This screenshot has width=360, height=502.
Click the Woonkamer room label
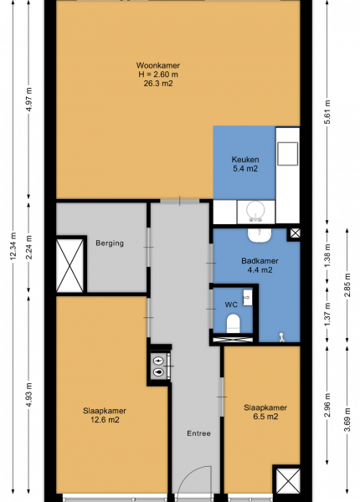pyautogui.click(x=158, y=65)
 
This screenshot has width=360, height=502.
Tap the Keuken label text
pyautogui.click(x=245, y=160)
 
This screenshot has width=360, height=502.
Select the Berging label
pyautogui.click(x=110, y=243)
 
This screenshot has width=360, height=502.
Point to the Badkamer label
pyautogui.click(x=260, y=261)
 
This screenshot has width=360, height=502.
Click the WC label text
pyautogui.click(x=231, y=305)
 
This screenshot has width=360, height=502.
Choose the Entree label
pyautogui.click(x=198, y=433)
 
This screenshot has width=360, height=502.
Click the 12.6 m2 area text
pyautogui.click(x=105, y=420)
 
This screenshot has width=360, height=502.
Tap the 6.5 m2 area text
pyautogui.click(x=265, y=417)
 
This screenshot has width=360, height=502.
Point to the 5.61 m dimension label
pyautogui.click(x=327, y=112)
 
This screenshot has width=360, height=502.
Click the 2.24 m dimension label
pyautogui.click(x=28, y=247)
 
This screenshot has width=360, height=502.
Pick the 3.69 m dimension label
pyautogui.click(x=347, y=420)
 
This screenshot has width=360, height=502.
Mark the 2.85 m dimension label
pyautogui.click(x=347, y=285)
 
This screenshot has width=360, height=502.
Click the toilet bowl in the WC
pyautogui.click(x=234, y=323)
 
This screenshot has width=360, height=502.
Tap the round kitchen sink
pyautogui.click(x=255, y=210)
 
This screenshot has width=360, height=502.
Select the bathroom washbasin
pyautogui.click(x=260, y=235)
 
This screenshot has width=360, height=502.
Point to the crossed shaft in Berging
pyautogui.click(x=69, y=265)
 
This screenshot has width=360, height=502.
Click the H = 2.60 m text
pyautogui.click(x=158, y=74)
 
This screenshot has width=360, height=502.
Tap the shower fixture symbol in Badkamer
pyautogui.click(x=281, y=337)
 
